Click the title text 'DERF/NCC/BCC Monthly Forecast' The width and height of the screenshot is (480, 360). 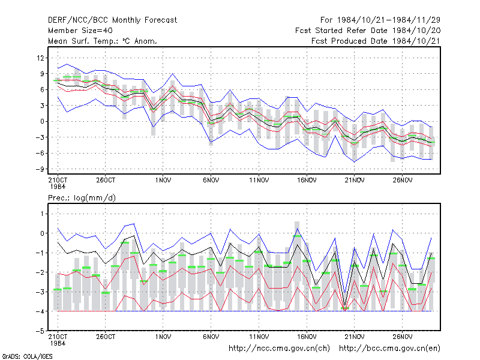(x=112, y=20)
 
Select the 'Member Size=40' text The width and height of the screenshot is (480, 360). (x=80, y=31)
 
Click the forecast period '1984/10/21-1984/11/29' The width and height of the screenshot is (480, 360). (x=389, y=20)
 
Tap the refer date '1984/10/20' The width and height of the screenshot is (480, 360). (x=416, y=31)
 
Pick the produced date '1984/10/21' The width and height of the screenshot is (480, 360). (x=416, y=41)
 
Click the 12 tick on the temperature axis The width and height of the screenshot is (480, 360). (x=41, y=58)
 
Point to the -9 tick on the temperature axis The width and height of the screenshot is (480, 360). (x=40, y=169)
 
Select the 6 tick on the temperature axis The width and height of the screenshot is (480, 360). (x=42, y=89)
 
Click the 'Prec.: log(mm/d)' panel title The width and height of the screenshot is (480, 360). (x=82, y=198)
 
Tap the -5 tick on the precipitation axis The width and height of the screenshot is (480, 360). (x=40, y=331)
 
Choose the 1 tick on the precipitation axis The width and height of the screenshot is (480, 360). (x=42, y=214)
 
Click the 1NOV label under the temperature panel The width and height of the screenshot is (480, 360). (x=163, y=181)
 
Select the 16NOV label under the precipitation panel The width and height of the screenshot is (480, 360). (x=307, y=337)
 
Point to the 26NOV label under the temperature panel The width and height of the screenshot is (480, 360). (x=402, y=181)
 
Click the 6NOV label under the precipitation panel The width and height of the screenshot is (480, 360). (x=211, y=337)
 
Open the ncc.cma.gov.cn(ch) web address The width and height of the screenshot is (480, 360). (x=279, y=349)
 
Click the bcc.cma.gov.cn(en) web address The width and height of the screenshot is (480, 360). (x=389, y=349)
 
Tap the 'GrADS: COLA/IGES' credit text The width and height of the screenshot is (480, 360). (x=27, y=356)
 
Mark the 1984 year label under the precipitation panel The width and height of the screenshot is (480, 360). (x=58, y=343)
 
